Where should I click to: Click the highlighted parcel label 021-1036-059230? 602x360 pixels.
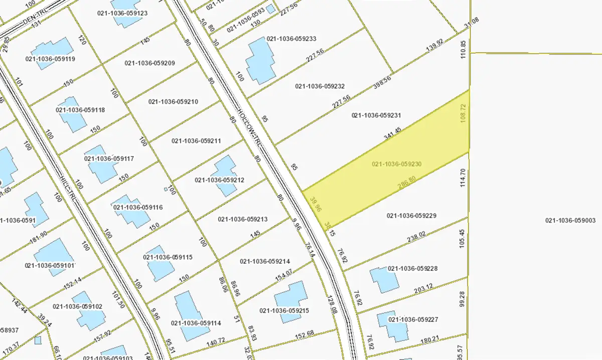click(x=396, y=164)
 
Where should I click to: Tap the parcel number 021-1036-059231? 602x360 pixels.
click(x=376, y=115)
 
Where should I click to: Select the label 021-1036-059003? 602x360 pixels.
click(x=570, y=220)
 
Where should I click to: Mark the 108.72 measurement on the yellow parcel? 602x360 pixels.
click(x=463, y=114)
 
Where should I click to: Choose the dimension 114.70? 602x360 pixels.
click(x=463, y=178)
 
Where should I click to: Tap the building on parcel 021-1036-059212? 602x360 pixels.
click(x=225, y=175)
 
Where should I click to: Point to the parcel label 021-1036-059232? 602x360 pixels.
click(x=320, y=86)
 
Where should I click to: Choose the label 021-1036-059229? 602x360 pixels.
click(x=412, y=216)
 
